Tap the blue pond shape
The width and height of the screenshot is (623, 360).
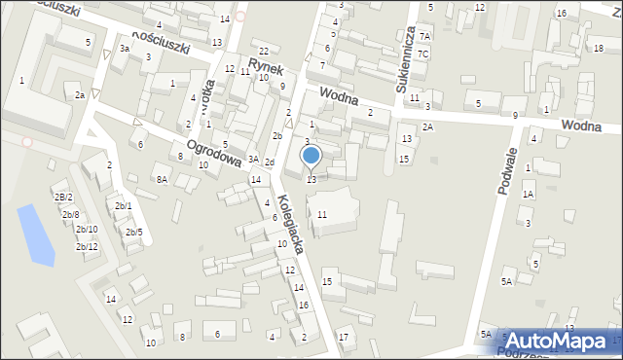click(x=38, y=234)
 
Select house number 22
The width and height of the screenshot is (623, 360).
click(x=263, y=51)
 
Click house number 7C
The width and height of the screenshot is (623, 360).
click(x=422, y=54)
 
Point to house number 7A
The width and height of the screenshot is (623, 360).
click(x=424, y=36)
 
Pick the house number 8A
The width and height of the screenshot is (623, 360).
click(x=162, y=179)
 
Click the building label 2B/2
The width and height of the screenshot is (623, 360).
click(x=63, y=198)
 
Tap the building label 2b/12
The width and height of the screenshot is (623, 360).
click(x=86, y=247)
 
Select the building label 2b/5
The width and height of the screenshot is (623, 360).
click(x=134, y=232)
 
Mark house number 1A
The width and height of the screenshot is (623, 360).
click(x=528, y=194)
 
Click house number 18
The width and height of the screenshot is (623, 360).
click(x=598, y=48)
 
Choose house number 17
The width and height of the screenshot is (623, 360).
click(x=343, y=337)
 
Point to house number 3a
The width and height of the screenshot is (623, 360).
click(x=125, y=48)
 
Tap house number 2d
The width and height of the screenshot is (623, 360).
click(x=269, y=162)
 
